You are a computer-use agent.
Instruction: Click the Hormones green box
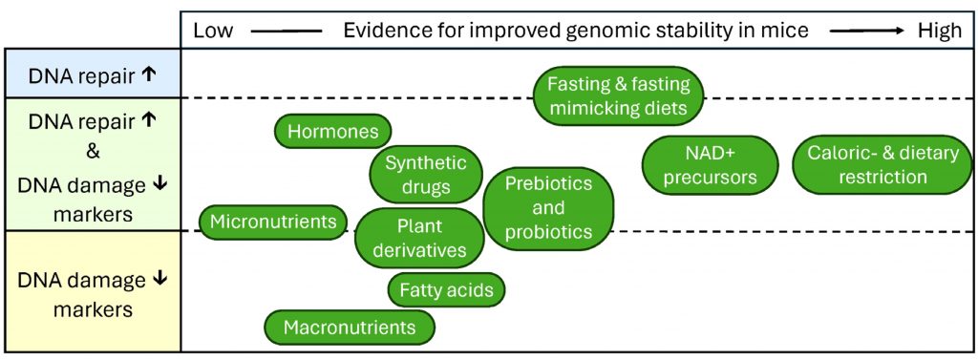(333, 131)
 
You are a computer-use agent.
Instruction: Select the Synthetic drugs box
(427, 176)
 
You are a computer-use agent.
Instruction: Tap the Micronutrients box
(273, 222)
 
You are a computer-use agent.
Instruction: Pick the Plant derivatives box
(420, 238)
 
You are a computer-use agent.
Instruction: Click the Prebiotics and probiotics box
(548, 208)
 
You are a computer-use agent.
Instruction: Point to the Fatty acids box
(447, 289)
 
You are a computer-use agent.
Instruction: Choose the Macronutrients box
(350, 327)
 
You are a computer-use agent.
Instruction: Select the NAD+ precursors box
(710, 164)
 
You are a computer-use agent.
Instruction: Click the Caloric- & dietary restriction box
(882, 164)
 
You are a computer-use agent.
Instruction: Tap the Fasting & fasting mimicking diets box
(619, 96)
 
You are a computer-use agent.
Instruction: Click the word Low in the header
(213, 31)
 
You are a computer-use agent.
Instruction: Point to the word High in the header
(940, 31)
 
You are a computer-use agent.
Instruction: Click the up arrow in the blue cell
(148, 74)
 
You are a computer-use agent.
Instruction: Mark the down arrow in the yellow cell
(159, 279)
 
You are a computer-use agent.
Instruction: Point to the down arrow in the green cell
(159, 183)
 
